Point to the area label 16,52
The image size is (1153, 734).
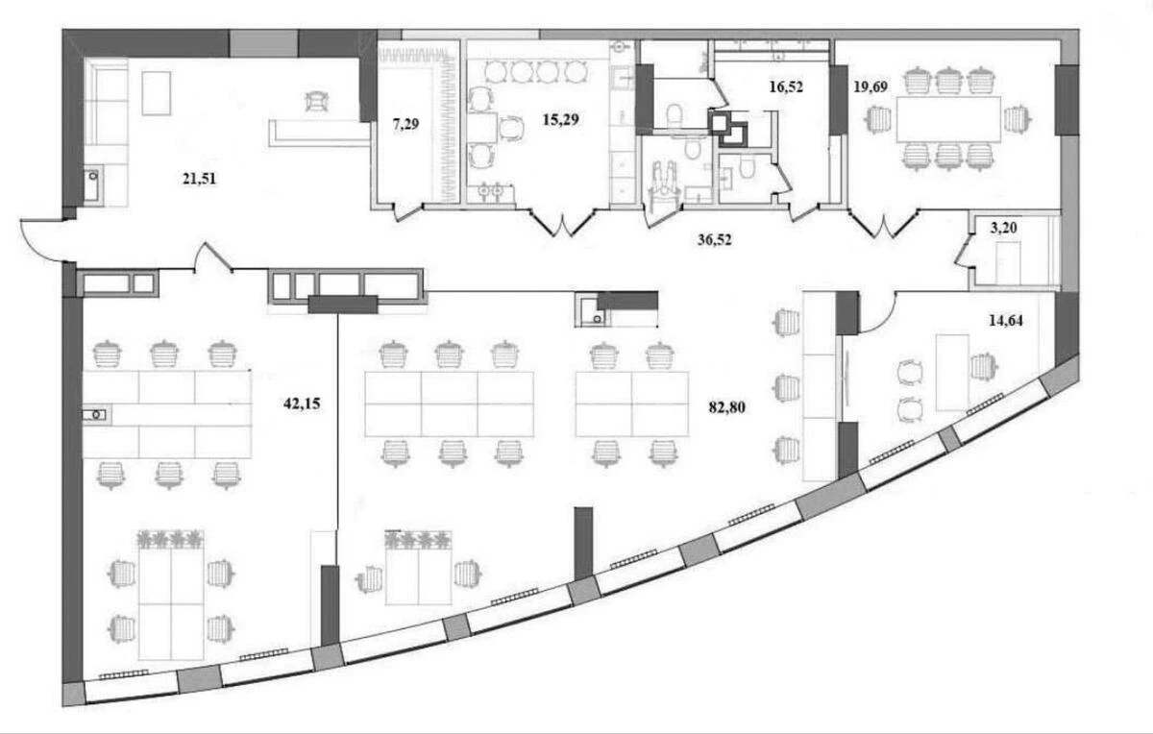coord(786,86)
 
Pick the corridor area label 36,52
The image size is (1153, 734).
coord(715,240)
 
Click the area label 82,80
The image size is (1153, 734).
coord(725,406)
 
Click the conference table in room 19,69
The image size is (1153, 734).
coord(948,119)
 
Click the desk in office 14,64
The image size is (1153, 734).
coord(952,371)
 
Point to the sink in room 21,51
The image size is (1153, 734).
coord(91,183)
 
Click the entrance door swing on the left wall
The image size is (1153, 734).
coord(38,240)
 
